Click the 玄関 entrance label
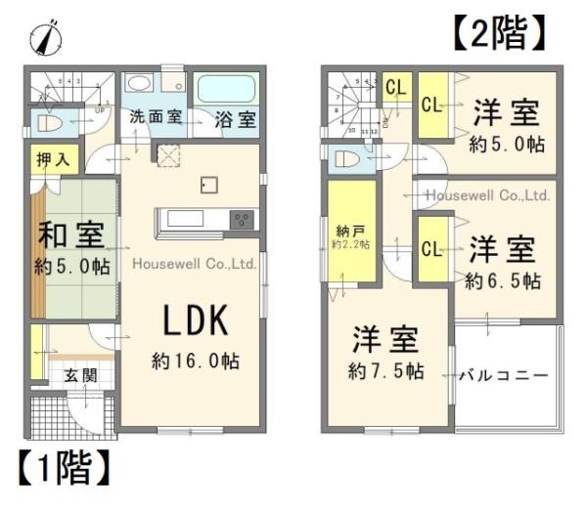[x=80, y=375]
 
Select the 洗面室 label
[x=157, y=117]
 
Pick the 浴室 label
[x=235, y=119]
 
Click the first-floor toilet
[x=52, y=123]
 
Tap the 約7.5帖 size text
[x=386, y=371]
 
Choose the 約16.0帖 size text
[x=195, y=361]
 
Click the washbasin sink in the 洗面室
[x=139, y=83]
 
